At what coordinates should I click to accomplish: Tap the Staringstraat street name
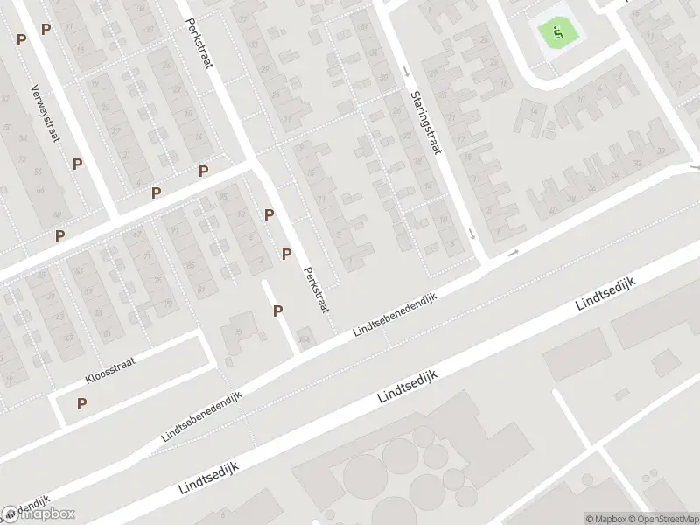(x=423, y=124)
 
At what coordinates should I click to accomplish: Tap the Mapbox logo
(x=38, y=514)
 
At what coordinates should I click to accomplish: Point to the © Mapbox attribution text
(x=605, y=519)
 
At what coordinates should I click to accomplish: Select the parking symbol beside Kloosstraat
(x=82, y=403)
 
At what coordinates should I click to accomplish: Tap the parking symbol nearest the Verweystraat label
(x=78, y=164)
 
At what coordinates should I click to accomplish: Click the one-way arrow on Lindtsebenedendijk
(x=513, y=253)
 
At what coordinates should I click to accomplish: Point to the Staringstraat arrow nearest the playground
(x=406, y=71)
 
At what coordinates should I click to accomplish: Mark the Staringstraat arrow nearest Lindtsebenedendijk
(x=472, y=234)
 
